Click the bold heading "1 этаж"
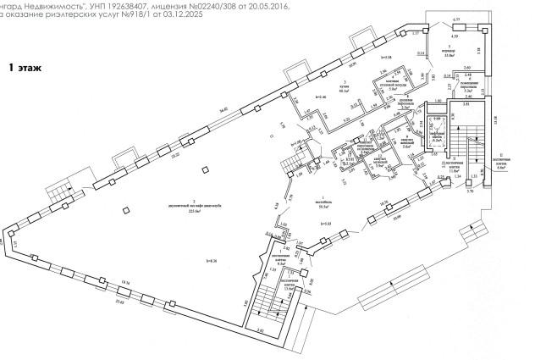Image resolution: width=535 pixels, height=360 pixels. (26, 65)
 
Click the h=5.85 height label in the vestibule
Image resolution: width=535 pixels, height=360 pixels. (325, 223)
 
